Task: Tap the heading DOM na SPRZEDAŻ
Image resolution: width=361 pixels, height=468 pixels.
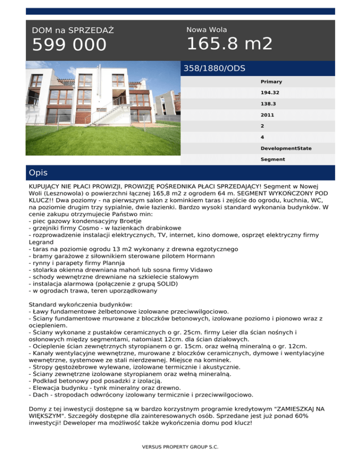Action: tap(73, 31)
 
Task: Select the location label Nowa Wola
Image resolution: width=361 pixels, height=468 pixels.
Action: tap(206, 30)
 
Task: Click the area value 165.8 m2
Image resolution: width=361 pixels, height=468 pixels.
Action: tap(229, 44)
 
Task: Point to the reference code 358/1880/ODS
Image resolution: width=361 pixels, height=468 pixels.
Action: tap(214, 68)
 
